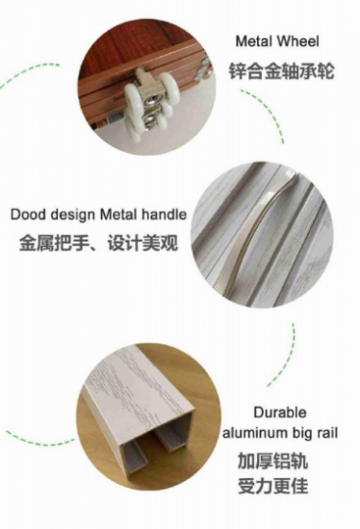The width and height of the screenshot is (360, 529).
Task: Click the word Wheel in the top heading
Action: pyautogui.click(x=297, y=41)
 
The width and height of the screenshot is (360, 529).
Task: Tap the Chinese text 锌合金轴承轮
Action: pyautogui.click(x=282, y=71)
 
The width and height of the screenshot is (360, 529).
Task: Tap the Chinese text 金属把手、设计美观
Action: pyautogui.click(x=98, y=242)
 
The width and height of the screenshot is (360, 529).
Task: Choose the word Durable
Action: pyautogui.click(x=280, y=413)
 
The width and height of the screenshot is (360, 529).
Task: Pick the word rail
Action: pyautogui.click(x=326, y=433)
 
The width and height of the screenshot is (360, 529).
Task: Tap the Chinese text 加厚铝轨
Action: pyautogui.click(x=272, y=461)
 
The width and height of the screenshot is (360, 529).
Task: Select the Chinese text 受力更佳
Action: pyautogui.click(x=272, y=486)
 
